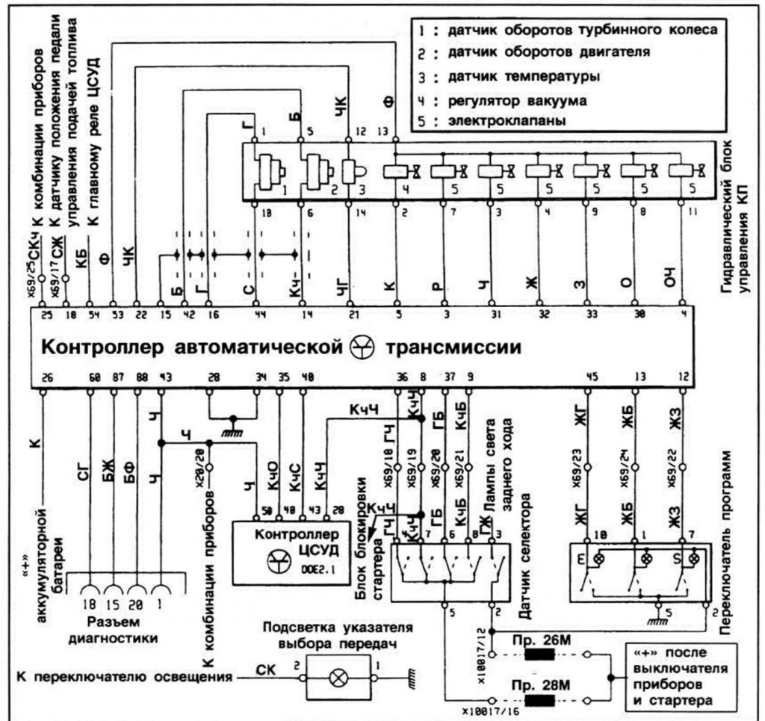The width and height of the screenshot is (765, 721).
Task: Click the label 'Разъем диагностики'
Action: tap(121, 630)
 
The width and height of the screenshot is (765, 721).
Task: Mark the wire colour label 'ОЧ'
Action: tap(681, 282)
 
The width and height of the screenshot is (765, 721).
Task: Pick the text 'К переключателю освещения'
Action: tap(123, 678)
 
